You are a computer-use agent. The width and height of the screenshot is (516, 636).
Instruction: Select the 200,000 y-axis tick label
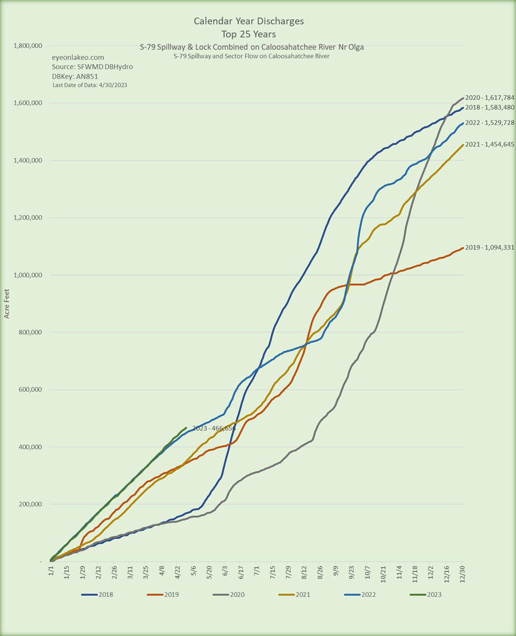pyautogui.click(x=27, y=504)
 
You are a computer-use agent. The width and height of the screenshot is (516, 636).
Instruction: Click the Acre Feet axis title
pyautogui.click(x=7, y=304)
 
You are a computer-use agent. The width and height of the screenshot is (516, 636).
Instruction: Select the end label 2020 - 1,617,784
pyautogui.click(x=489, y=98)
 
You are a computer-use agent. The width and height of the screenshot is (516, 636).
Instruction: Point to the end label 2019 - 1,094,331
pyautogui.click(x=489, y=248)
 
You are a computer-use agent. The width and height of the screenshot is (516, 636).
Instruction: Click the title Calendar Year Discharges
pyautogui.click(x=249, y=22)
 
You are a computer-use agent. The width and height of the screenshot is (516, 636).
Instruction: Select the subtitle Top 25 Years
pyautogui.click(x=249, y=34)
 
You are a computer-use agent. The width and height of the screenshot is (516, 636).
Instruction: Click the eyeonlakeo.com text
pyautogui.click(x=78, y=57)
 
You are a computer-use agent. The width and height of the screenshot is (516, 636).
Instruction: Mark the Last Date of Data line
pyautogui.click(x=90, y=85)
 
